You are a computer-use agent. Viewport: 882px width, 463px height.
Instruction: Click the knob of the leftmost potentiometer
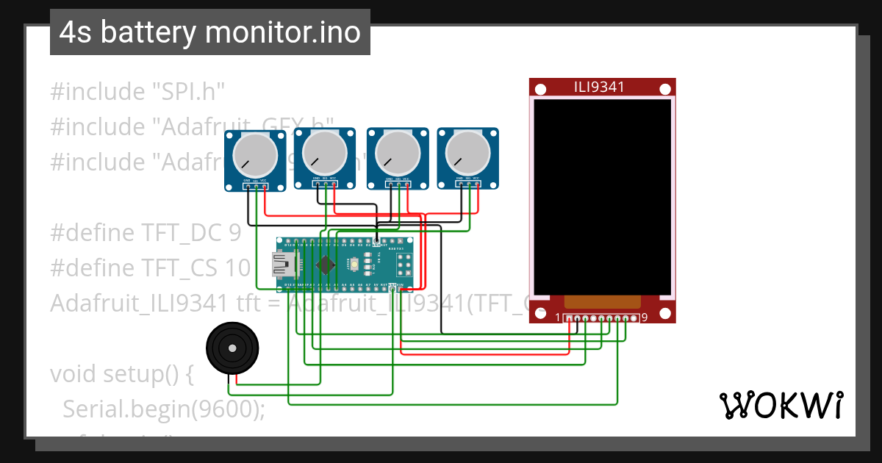click(x=255, y=155)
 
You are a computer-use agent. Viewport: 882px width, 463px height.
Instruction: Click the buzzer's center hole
click(x=232, y=348)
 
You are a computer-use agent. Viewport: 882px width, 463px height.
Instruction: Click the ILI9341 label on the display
click(x=599, y=87)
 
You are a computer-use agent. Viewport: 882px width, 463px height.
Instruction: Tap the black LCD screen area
click(x=602, y=196)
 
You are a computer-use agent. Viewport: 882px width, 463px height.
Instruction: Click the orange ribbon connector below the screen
click(x=602, y=301)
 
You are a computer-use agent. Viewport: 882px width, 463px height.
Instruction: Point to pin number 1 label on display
click(x=559, y=318)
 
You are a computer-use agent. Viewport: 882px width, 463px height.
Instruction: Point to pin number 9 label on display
click(x=644, y=318)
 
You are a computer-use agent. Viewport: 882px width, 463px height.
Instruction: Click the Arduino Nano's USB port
click(x=283, y=264)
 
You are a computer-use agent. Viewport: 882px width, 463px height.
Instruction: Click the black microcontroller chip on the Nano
click(x=323, y=264)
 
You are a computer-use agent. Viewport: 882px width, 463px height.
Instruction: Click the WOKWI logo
click(x=780, y=405)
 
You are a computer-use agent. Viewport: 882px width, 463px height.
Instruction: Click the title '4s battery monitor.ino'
click(x=209, y=32)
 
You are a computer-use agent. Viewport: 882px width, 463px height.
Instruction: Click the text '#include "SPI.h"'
click(x=137, y=92)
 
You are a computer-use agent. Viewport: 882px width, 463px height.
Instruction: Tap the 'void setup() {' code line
click(x=121, y=374)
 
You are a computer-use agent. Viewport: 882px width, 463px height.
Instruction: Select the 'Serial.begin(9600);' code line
click(x=163, y=409)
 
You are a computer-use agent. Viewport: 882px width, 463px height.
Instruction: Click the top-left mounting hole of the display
click(x=540, y=90)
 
